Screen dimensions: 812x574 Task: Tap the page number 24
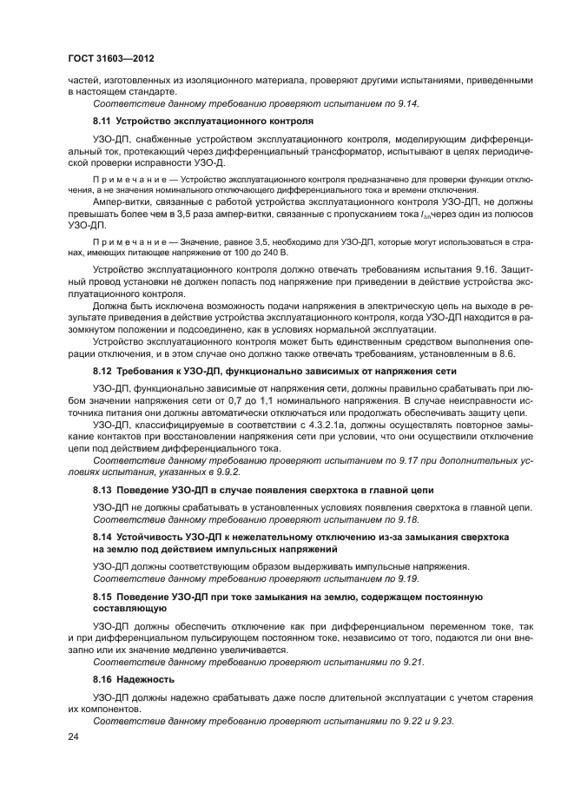72,737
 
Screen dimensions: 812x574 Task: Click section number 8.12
103,371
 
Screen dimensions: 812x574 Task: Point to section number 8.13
103,490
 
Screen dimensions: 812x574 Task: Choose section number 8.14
103,538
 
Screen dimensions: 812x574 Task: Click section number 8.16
103,678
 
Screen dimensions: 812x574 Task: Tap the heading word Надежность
148,678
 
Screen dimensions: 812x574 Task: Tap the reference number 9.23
443,721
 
